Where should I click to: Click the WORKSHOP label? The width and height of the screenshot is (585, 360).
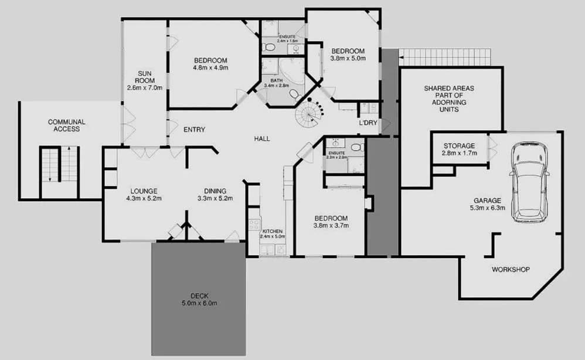click(x=511, y=270)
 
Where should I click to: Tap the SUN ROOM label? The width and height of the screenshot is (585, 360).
click(x=144, y=80)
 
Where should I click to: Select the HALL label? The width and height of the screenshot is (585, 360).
click(x=262, y=139)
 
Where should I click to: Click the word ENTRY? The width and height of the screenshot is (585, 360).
click(x=194, y=130)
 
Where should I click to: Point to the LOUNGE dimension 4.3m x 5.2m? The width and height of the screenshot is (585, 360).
click(x=144, y=198)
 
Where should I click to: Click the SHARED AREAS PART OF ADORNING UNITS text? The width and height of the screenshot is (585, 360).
click(x=449, y=99)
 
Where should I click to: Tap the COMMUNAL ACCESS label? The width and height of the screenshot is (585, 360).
click(x=67, y=125)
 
